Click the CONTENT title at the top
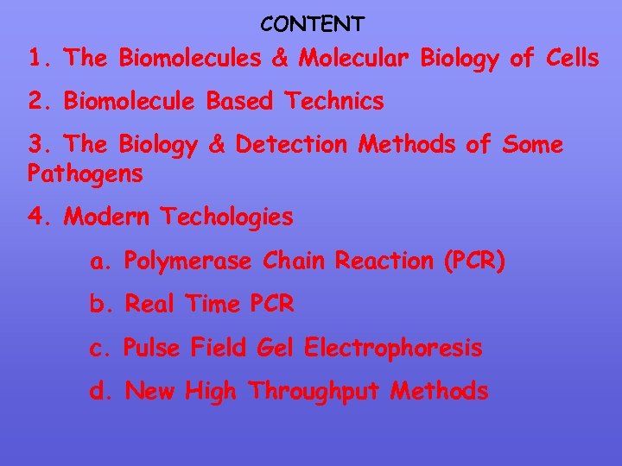(x=312, y=22)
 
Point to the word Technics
(x=329, y=102)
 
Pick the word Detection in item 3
(x=287, y=145)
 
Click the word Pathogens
(x=86, y=174)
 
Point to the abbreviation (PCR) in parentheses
(x=473, y=260)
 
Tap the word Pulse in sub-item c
(x=152, y=348)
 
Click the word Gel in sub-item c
(x=276, y=348)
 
